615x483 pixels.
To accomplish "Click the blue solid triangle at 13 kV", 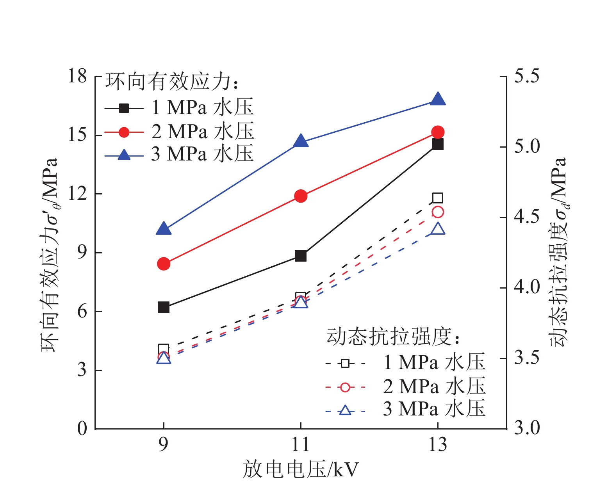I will [438, 100].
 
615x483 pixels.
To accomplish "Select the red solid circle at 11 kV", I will [301, 196].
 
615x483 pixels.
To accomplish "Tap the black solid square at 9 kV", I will [164, 307].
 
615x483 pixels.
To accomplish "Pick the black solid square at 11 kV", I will [301, 256].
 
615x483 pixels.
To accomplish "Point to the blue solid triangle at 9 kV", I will [164, 229].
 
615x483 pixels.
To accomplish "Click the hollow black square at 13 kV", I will [438, 198].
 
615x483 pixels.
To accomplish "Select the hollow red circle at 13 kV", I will [438, 212].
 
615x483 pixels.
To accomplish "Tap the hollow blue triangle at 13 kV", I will [438, 229].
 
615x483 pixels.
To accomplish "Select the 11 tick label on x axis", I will [301, 445].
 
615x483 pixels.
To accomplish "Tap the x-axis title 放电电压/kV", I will [301, 469].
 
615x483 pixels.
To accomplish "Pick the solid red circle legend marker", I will [124, 132].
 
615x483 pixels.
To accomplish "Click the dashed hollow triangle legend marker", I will [345, 410].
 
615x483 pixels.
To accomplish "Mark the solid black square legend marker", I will [124, 108].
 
